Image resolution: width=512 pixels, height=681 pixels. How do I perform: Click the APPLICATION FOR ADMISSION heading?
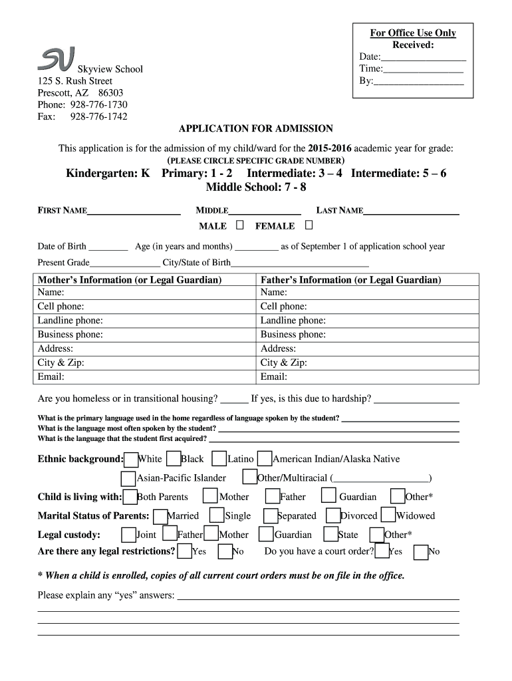click(256, 128)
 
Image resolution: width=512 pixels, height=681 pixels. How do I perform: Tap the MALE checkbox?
click(239, 225)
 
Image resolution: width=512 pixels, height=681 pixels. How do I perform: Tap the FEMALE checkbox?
click(309, 225)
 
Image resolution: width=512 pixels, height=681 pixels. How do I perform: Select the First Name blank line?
click(134, 211)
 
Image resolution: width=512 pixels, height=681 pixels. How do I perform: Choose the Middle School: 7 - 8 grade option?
click(256, 187)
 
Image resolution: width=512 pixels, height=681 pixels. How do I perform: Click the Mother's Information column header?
click(130, 280)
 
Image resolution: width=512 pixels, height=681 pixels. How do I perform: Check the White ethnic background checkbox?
click(131, 459)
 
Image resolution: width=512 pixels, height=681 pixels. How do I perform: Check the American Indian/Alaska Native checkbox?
click(265, 459)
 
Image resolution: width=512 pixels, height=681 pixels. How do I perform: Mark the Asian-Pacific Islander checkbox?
click(128, 478)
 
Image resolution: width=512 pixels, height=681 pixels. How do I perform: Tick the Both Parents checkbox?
click(130, 496)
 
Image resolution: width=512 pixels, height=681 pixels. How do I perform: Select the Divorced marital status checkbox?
click(333, 515)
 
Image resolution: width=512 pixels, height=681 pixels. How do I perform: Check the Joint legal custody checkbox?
click(129, 534)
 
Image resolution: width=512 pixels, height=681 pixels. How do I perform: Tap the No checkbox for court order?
click(420, 551)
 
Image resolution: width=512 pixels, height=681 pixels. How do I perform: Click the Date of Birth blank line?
click(108, 247)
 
